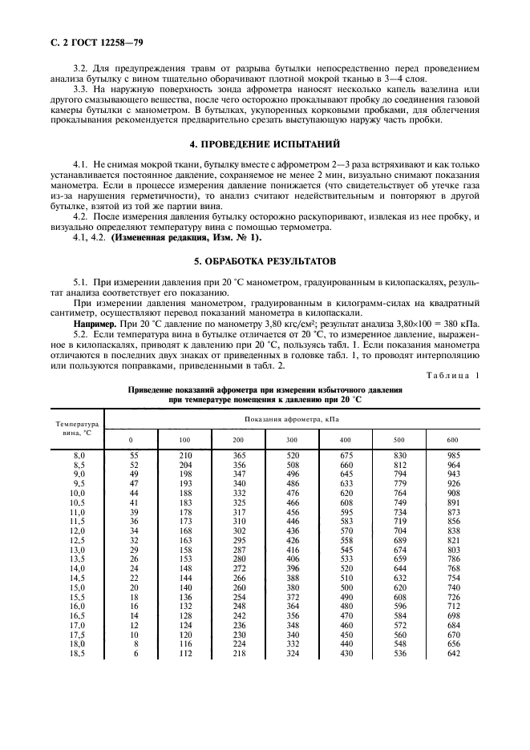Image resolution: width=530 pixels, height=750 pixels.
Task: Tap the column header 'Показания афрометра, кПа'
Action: click(293, 418)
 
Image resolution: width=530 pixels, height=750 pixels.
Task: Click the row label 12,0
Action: click(79, 530)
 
